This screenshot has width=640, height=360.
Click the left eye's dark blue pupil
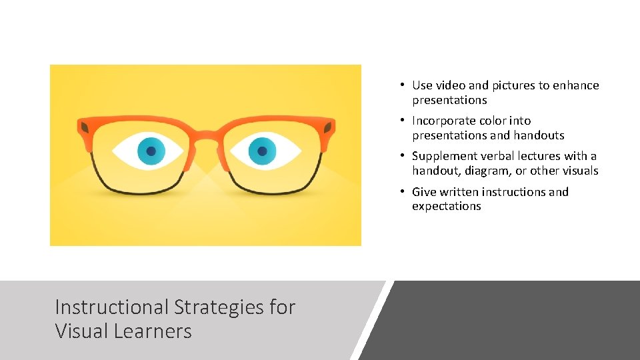coord(151,151)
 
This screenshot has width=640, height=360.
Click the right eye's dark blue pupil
coord(262,151)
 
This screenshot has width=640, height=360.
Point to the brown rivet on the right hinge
coord(328,127)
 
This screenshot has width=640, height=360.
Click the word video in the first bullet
coord(451,85)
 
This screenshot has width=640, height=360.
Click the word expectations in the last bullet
coord(446,206)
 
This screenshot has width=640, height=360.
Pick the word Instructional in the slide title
coord(111,307)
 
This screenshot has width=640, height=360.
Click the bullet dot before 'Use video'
coord(403,85)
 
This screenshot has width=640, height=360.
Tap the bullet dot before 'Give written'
coord(403,192)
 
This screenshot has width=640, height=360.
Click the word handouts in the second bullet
coord(538,135)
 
